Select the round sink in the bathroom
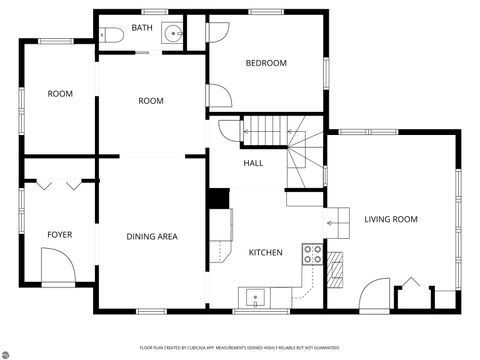175,34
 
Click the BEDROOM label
266,63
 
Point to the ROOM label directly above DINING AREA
151,101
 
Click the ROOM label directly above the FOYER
60,94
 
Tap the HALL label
253,163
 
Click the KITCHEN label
265,252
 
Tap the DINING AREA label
152,237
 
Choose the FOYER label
60,235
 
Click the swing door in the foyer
57,265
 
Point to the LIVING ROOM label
390,219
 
